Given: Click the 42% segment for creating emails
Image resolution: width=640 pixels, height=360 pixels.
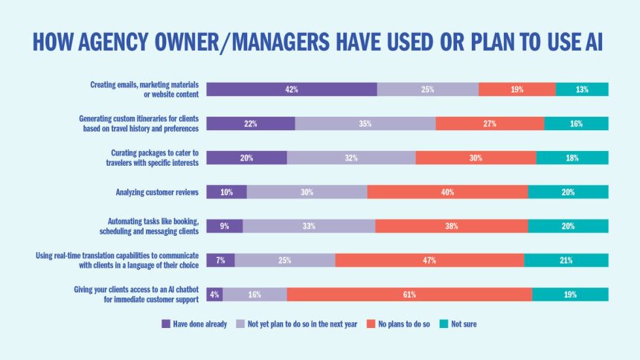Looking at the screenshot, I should (x=291, y=89).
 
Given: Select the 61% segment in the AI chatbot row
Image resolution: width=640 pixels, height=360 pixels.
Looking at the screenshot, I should (x=409, y=295).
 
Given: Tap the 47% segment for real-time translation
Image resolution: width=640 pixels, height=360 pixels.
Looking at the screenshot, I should (x=429, y=260).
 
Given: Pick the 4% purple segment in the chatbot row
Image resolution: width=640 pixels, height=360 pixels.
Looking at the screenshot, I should (x=214, y=295).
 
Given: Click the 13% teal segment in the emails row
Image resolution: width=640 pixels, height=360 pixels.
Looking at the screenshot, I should (x=582, y=89).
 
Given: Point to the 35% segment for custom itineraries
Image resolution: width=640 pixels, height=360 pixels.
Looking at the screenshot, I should (x=365, y=123).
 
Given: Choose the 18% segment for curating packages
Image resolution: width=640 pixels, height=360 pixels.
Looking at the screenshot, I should (x=572, y=158).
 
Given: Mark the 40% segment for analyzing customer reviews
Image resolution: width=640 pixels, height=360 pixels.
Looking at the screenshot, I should (x=447, y=192).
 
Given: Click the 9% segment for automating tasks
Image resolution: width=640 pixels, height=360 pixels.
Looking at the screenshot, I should (x=224, y=226).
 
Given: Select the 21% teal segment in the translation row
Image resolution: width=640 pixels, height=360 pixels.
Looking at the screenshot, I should (x=566, y=260).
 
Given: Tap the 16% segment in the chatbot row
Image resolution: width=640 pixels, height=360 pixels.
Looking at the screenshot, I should (x=255, y=295).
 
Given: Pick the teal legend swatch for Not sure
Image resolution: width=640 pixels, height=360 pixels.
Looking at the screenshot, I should (x=444, y=324).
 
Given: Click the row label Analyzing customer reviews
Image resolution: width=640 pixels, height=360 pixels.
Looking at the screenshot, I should (x=157, y=192).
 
